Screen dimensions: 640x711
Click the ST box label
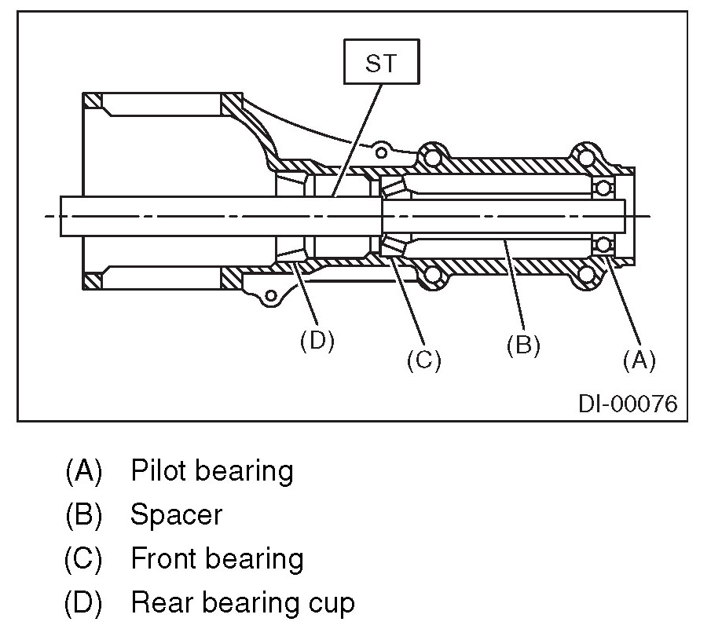tap(382, 64)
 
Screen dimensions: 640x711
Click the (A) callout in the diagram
tap(638, 360)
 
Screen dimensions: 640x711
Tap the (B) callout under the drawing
tap(523, 346)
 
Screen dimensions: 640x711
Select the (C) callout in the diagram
tap(423, 360)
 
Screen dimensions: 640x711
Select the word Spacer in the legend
tap(176, 515)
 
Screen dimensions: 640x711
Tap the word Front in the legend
tap(162, 559)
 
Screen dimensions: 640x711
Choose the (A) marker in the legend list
tap(84, 470)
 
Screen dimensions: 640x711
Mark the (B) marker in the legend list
tap(84, 515)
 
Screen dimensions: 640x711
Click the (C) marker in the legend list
tap(84, 559)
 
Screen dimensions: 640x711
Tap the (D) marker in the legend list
tap(84, 603)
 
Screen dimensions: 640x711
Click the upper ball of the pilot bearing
tap(603, 188)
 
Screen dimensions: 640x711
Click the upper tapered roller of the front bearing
tap(393, 188)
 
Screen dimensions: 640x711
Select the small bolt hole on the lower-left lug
tap(269, 296)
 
